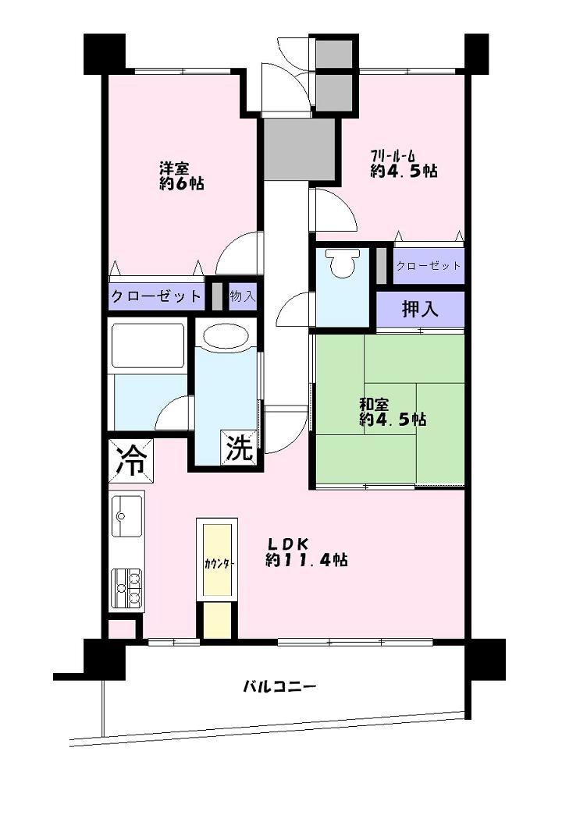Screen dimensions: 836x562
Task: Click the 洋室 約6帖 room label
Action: (x=182, y=176)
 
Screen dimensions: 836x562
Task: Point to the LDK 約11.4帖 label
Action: (x=306, y=552)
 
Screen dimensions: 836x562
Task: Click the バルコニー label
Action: (x=279, y=687)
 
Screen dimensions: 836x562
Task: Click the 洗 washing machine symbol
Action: (x=240, y=448)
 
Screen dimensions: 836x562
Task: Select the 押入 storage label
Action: (x=420, y=309)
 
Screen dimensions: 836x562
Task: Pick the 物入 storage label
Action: (x=242, y=296)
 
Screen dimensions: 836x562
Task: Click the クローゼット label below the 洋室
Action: (x=156, y=296)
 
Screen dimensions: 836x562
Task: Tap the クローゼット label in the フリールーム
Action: (x=429, y=265)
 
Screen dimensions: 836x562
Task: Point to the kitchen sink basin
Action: (x=126, y=515)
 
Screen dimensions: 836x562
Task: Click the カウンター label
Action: (x=218, y=563)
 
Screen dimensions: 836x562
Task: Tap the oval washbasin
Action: (x=226, y=337)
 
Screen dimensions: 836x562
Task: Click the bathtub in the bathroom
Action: (x=148, y=345)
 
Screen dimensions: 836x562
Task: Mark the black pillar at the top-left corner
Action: (x=105, y=53)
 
